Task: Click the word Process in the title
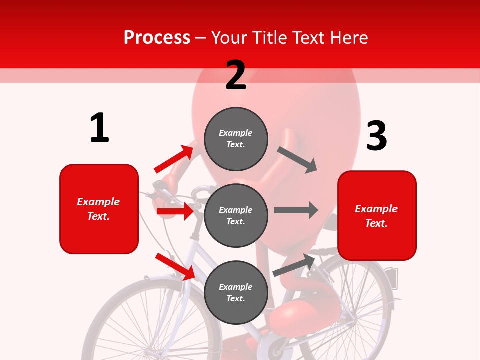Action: (x=157, y=37)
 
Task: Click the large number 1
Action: (x=99, y=128)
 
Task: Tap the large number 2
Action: (x=236, y=75)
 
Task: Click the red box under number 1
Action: (x=99, y=209)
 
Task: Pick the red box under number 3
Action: (x=377, y=215)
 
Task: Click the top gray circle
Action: (x=236, y=139)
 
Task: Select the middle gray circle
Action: (x=236, y=215)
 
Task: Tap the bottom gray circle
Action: (x=236, y=292)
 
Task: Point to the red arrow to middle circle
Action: (x=175, y=211)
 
